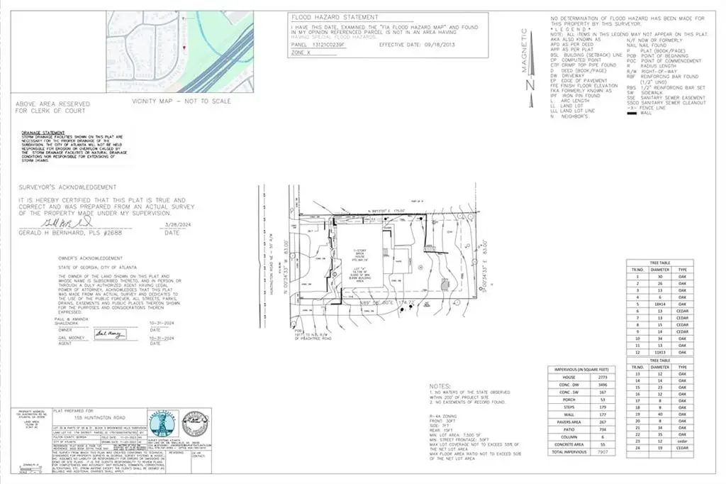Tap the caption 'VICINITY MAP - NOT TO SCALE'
point(181,101)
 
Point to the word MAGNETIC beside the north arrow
point(525,49)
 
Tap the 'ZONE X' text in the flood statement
point(303,50)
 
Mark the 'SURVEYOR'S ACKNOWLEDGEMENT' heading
point(67,187)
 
